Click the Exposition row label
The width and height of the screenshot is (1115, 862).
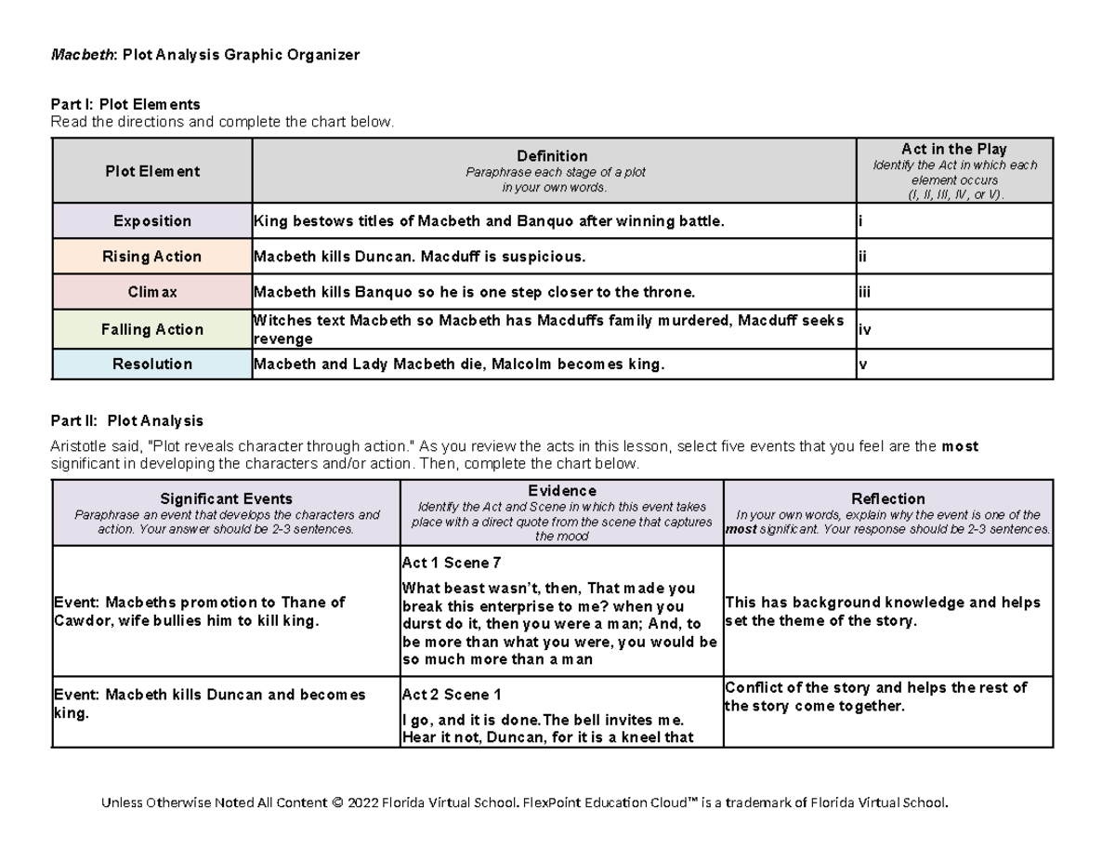pos(151,221)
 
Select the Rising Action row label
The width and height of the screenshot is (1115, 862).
pos(151,257)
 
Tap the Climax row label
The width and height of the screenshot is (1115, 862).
pos(151,292)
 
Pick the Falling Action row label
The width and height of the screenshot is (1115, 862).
pos(151,329)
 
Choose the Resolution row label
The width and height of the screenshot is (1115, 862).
pos(151,365)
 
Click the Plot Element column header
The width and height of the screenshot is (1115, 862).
pos(151,171)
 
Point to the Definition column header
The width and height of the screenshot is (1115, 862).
pos(553,156)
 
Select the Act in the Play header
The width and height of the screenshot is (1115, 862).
pos(953,150)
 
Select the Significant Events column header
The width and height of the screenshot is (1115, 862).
pos(226,499)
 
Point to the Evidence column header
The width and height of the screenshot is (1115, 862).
pos(561,491)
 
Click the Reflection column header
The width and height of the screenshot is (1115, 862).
pos(887,499)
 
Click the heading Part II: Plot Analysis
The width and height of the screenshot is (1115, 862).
pos(126,421)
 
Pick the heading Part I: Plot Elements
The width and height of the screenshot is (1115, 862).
pos(125,105)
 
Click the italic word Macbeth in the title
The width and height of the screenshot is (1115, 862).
pos(79,55)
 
